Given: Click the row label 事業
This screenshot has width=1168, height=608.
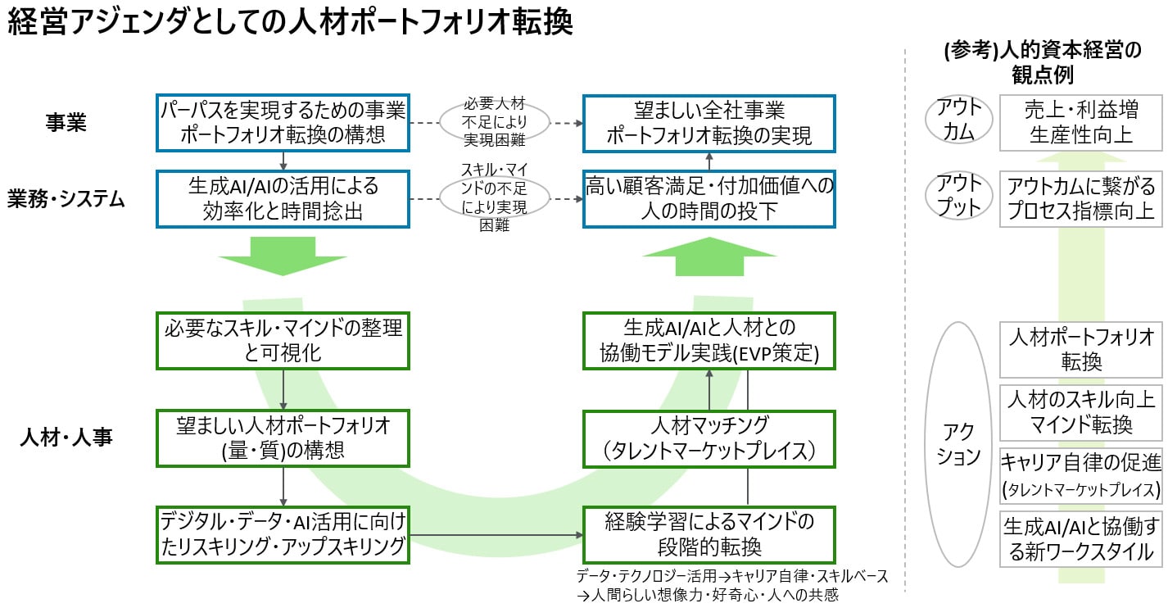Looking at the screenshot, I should tap(66, 122).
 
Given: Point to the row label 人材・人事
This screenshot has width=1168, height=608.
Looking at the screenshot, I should tap(66, 438).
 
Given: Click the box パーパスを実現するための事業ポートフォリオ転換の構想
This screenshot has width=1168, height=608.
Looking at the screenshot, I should tap(283, 123).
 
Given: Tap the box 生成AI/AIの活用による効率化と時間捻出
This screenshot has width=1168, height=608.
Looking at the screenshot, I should tap(283, 198).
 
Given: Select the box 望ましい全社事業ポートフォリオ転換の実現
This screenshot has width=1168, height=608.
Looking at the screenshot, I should tap(708, 123).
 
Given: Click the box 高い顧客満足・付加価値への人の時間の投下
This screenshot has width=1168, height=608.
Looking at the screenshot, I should tap(708, 198).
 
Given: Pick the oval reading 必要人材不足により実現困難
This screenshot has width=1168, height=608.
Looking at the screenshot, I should tap(495, 122).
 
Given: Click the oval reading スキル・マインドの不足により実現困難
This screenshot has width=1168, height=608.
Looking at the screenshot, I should tap(495, 197).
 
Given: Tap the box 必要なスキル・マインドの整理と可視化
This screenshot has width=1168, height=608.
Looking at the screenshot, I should tap(283, 340).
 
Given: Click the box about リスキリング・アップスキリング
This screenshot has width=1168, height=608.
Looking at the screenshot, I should tap(283, 534).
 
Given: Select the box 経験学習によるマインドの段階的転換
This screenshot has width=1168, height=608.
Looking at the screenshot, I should tap(708, 534).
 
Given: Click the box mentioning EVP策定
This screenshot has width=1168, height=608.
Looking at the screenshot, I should tap(708, 340).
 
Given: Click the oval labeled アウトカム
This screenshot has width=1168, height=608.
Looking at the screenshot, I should tap(957, 121).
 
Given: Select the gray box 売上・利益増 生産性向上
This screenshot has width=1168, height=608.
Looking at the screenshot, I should tap(1080, 122).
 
